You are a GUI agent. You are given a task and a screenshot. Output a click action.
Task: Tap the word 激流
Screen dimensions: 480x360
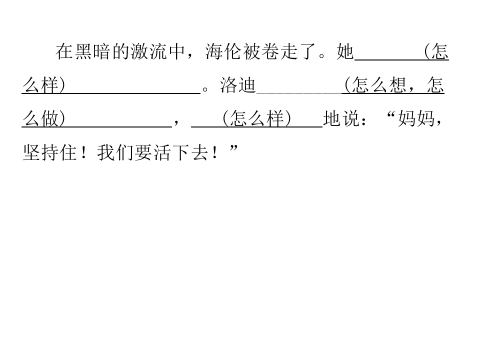point(149,51)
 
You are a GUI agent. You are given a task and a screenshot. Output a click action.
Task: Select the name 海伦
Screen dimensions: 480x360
point(223,51)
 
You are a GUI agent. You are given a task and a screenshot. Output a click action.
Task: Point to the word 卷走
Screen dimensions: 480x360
point(280,51)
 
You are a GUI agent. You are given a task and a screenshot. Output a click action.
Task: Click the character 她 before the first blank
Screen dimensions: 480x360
point(345,51)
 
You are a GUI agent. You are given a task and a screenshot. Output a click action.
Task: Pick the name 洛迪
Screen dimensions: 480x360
point(238,85)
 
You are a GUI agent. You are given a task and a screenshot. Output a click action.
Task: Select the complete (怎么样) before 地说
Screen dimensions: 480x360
point(257,118)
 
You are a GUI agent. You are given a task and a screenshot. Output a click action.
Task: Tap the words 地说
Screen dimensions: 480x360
point(341,118)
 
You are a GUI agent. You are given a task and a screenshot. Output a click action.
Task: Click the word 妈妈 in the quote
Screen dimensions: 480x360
point(415,118)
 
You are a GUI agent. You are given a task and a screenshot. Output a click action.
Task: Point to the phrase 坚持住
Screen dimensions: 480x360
point(49,152)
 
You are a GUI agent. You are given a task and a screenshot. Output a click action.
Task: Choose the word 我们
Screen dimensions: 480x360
point(115,152)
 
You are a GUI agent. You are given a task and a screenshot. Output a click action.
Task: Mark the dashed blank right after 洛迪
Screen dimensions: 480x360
point(299,93)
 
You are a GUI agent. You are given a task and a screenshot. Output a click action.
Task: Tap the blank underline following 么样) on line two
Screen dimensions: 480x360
point(133,93)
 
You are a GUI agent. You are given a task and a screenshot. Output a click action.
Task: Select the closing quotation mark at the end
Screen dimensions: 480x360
point(233,148)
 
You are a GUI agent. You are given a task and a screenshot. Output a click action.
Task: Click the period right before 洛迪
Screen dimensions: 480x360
point(205,89)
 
